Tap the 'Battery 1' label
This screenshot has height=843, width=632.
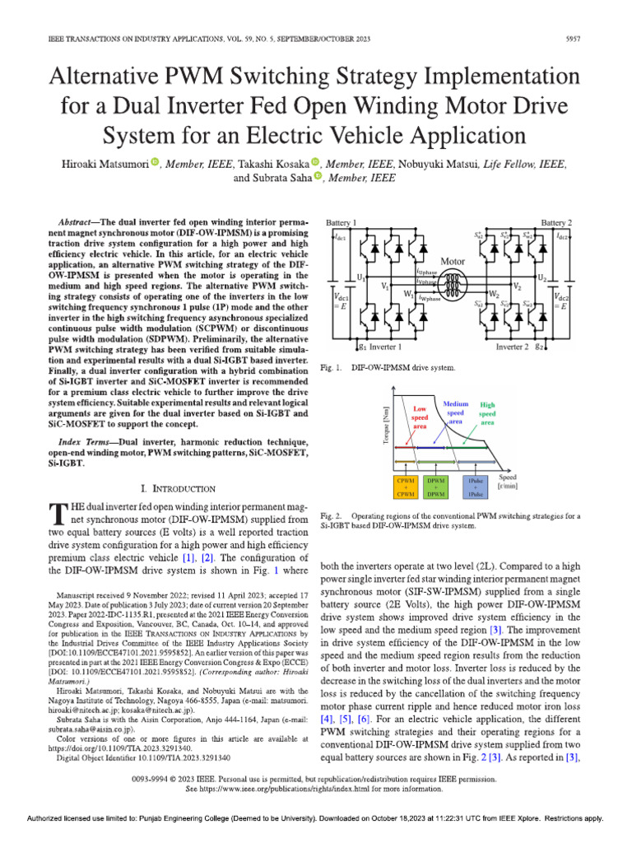coord(342,223)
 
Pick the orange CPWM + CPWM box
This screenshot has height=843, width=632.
coord(403,486)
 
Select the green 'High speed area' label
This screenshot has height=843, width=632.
coord(488,413)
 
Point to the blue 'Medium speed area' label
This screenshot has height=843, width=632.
coord(455,412)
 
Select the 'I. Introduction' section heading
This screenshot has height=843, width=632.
coord(179,489)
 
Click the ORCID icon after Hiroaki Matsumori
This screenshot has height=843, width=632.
coord(154,164)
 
